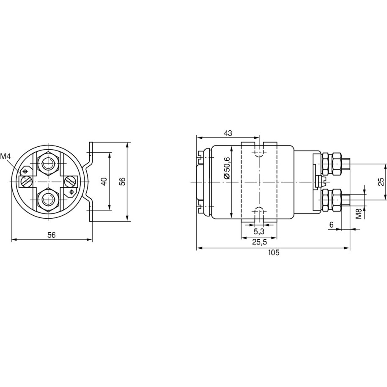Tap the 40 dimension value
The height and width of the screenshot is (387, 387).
tap(104, 181)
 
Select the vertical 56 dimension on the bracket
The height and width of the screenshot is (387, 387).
tap(124, 181)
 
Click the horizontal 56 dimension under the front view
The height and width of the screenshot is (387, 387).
tap(52, 235)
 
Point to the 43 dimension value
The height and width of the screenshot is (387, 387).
tap(228, 133)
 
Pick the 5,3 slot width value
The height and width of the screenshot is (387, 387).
tap(259, 231)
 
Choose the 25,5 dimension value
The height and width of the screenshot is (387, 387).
tap(259, 242)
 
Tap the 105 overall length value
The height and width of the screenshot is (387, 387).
tap(274, 253)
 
